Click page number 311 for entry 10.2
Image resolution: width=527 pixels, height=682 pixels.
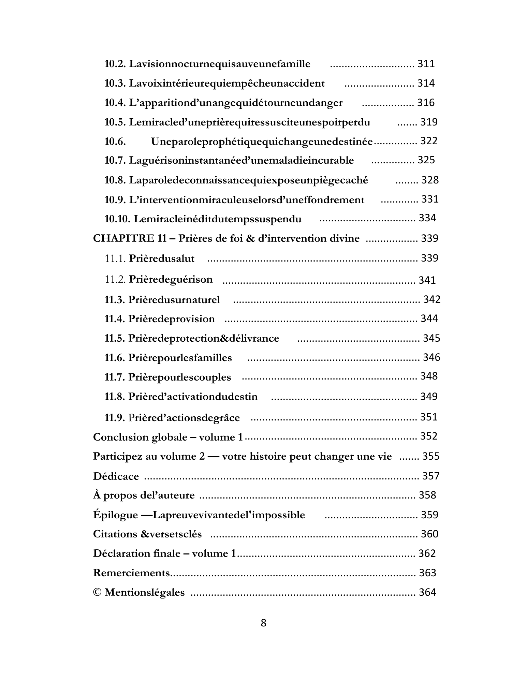426,64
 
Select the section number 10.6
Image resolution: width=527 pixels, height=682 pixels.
115,142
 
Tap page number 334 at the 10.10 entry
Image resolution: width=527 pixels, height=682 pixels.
427,218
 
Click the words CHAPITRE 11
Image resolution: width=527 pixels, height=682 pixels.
130,238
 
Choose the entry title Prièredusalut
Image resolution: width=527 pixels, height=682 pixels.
161,259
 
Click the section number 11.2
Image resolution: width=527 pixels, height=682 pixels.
115,280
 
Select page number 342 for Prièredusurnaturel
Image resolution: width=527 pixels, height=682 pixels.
432,299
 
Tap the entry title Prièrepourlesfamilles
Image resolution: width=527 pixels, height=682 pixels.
180,358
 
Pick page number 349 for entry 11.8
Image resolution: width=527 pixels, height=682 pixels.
429,397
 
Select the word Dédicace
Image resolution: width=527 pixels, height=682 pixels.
116,476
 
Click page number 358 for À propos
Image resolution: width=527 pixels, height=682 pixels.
427,495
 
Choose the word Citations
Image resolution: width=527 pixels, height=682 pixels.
115,534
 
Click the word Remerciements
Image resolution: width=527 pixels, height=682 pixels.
131,573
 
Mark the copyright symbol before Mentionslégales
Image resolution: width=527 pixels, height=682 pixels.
97,593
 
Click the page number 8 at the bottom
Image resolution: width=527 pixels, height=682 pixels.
263,623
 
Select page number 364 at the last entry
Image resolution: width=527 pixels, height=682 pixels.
427,592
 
